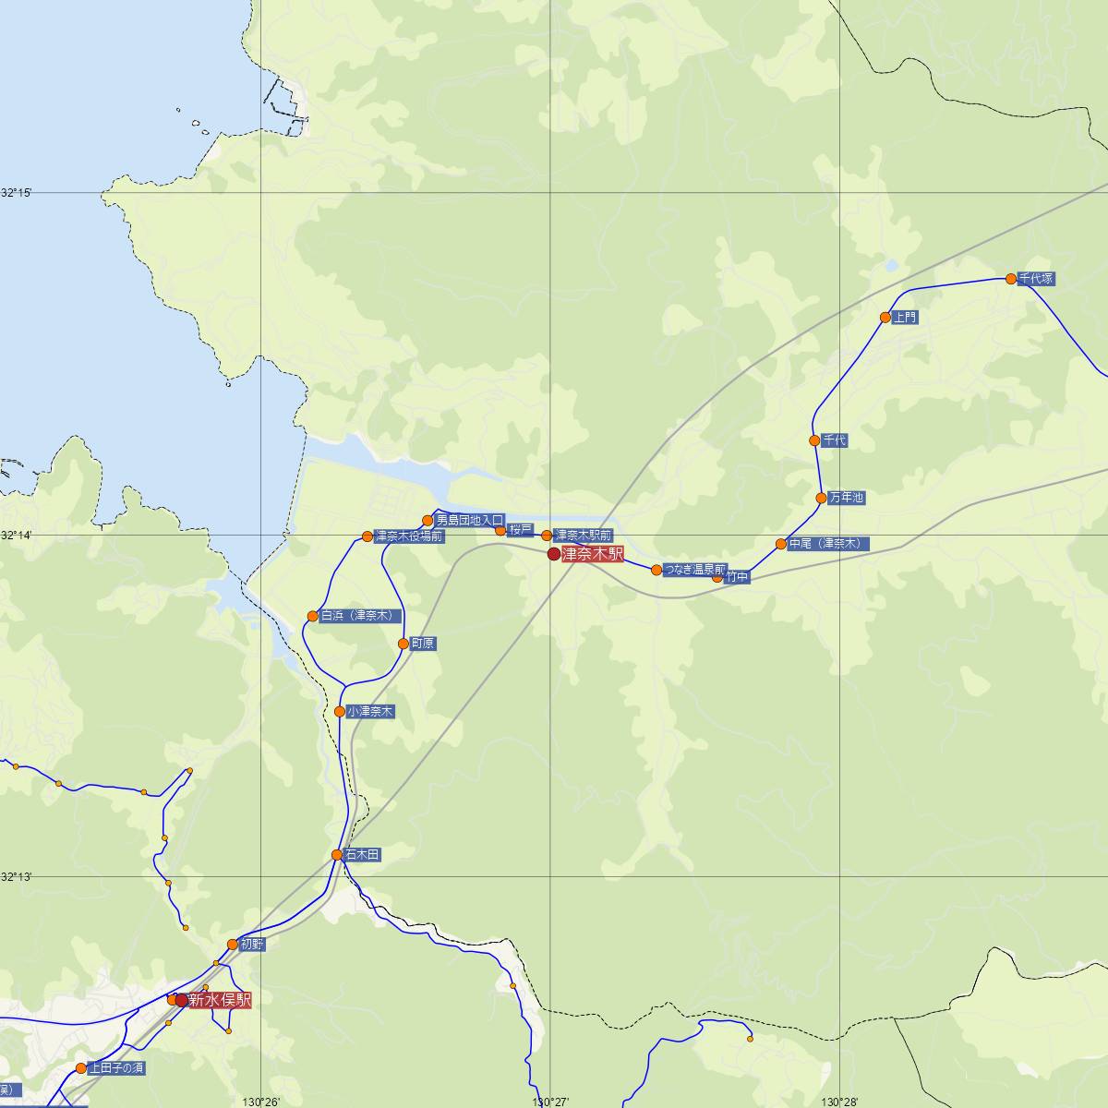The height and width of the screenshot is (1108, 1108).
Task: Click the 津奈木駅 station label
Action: pos(592,554)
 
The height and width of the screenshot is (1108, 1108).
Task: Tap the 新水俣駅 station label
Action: pos(219,1000)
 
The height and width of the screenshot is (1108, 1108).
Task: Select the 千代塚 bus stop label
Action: pos(1035,279)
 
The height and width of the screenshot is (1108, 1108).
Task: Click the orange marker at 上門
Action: pos(885,318)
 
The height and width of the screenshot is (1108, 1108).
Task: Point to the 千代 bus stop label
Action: pos(834,441)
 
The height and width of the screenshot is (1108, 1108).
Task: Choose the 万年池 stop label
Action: pos(846,498)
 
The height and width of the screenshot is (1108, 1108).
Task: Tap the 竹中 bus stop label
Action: pos(737,577)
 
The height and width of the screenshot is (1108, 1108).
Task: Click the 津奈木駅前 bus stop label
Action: pos(583,536)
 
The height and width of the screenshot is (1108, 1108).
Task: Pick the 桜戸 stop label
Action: pos(521,530)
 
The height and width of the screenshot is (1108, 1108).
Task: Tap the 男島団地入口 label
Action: pos(470,521)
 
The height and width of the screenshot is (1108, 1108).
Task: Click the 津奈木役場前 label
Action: pos(409,536)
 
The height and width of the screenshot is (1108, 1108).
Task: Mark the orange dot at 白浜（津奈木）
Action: pos(313,616)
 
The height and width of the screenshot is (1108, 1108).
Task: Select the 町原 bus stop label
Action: pos(423,644)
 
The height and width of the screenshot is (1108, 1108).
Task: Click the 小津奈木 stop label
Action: pos(371,712)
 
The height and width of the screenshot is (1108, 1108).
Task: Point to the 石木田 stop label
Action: pos(361,856)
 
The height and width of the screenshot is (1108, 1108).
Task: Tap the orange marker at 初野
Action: pos(232,945)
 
